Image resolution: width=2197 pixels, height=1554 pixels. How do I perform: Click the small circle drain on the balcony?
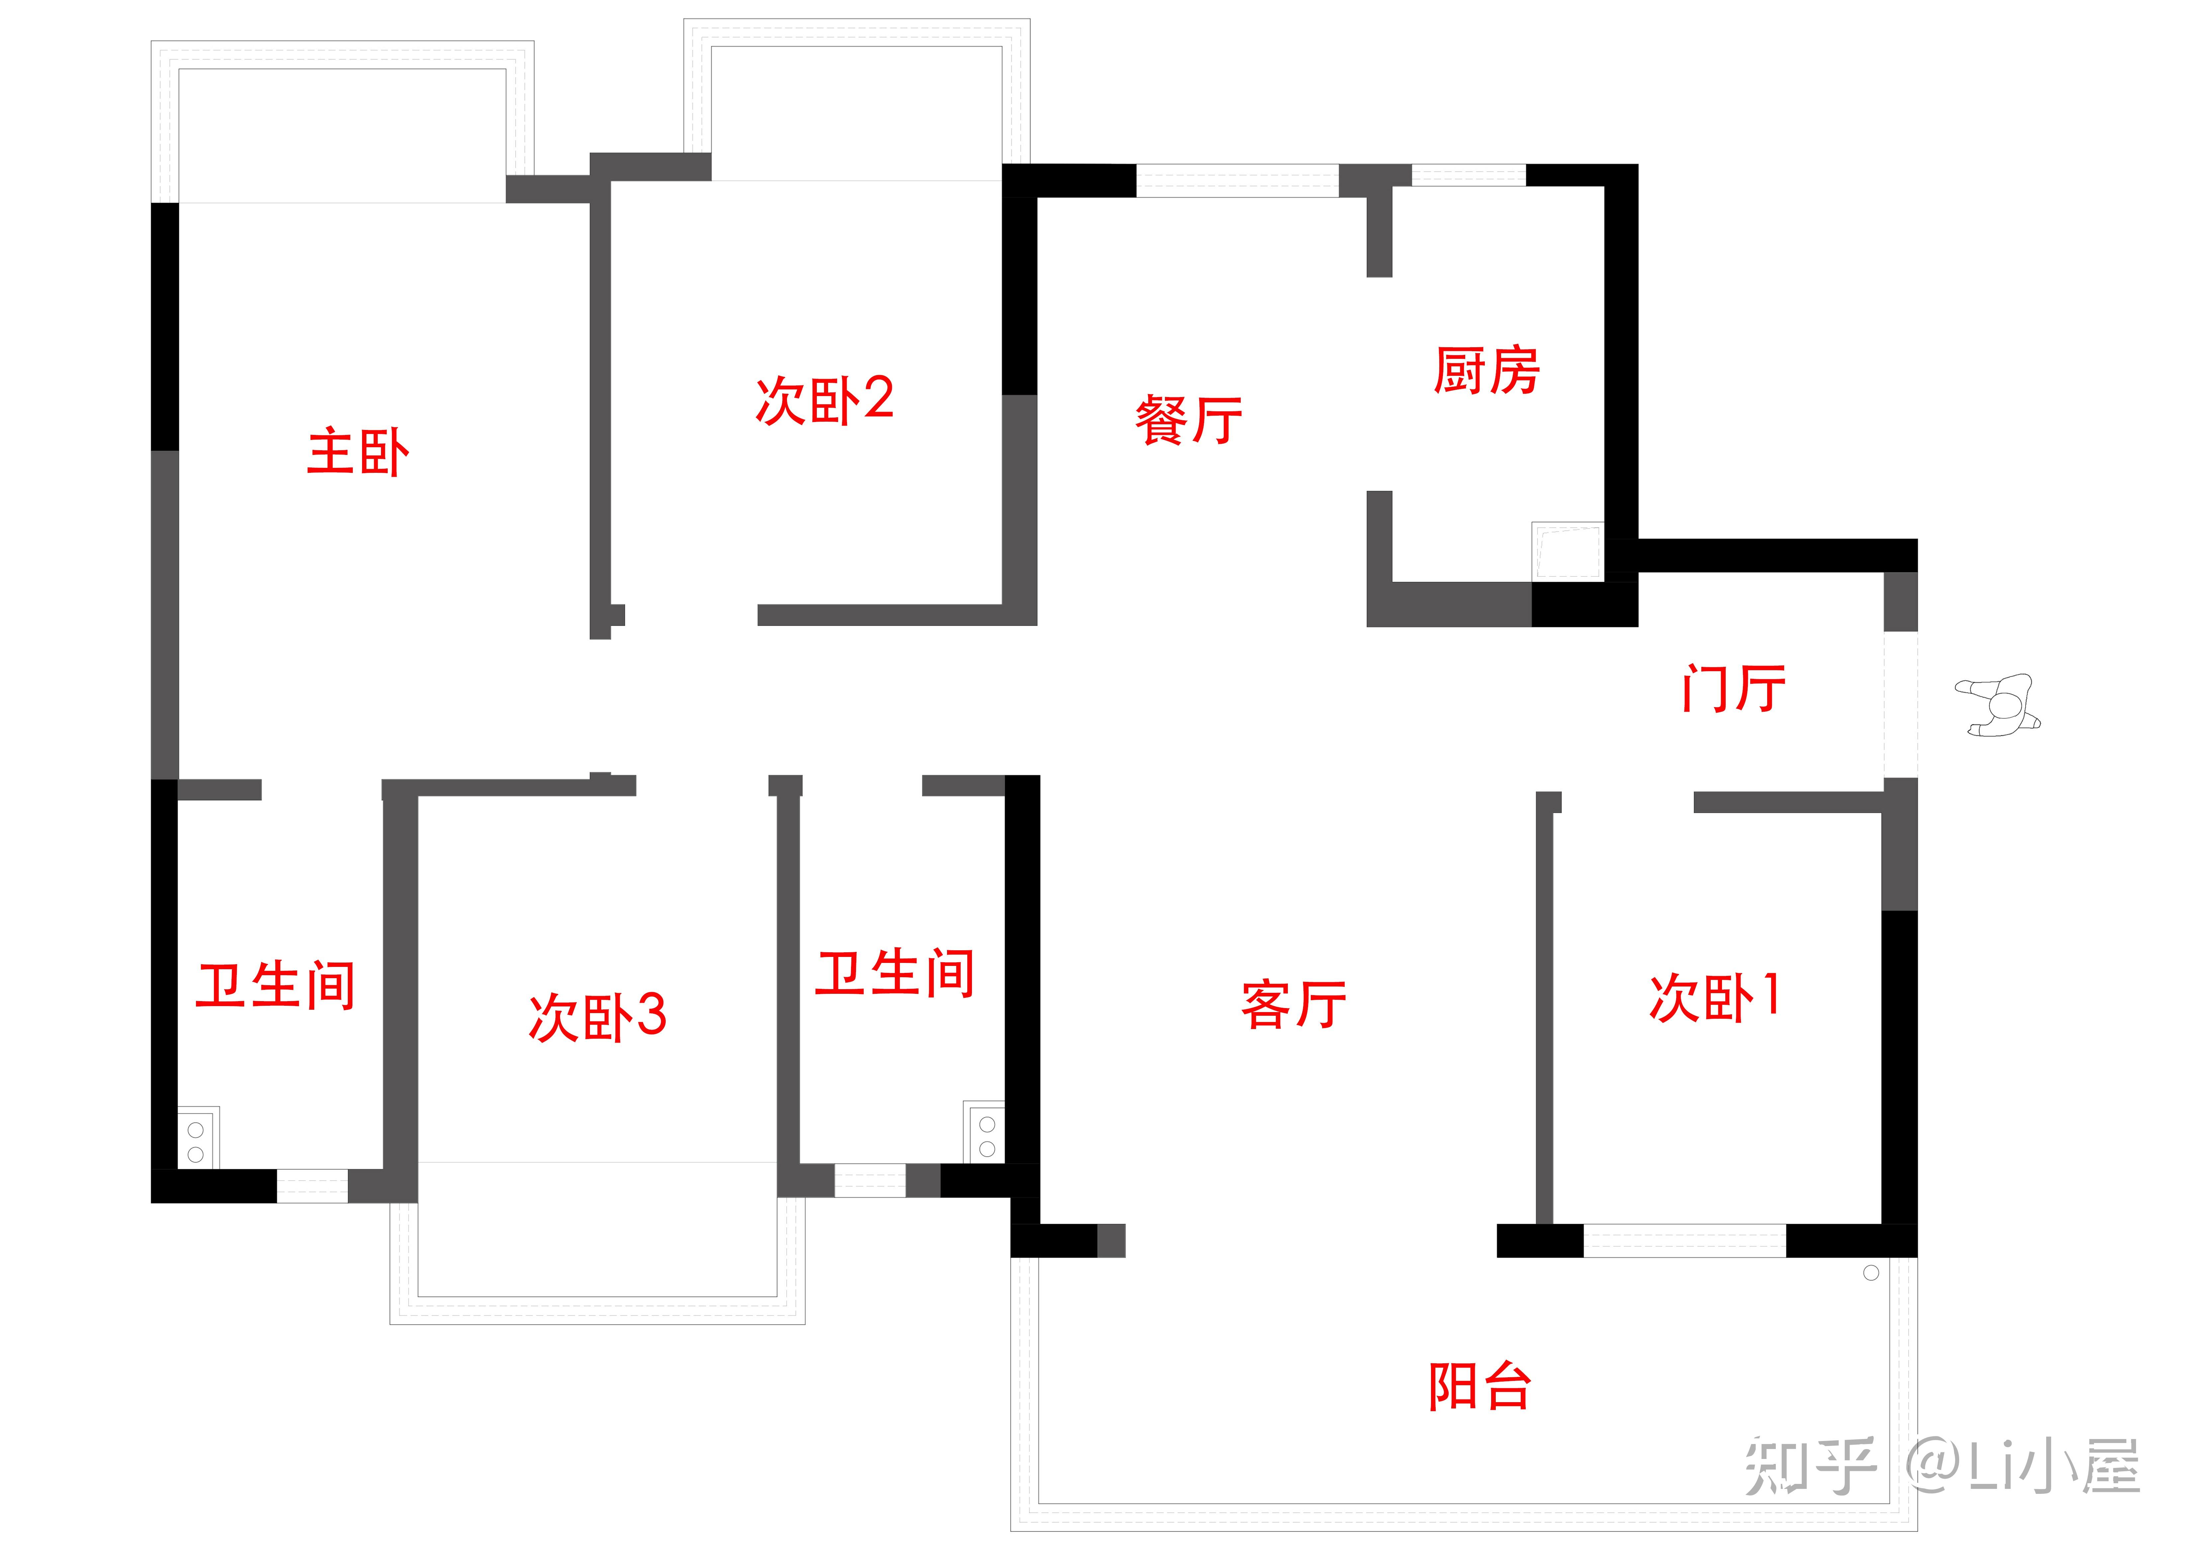pos(1872,1273)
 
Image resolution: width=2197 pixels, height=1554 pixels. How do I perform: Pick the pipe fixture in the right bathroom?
pos(987,1136)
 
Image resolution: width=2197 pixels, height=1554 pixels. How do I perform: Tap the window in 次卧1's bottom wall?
pos(1684,1241)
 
